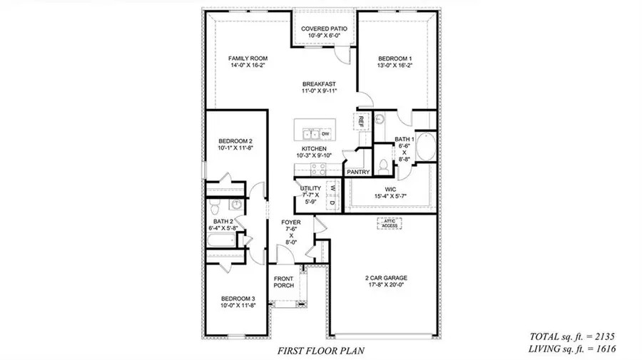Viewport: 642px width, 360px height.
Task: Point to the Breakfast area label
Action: [x=318, y=83]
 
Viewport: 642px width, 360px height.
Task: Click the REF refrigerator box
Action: [x=362, y=121]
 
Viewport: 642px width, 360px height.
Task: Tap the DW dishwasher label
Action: [x=325, y=134]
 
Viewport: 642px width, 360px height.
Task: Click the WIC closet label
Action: [x=392, y=190]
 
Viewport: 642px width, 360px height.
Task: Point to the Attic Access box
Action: [x=389, y=224]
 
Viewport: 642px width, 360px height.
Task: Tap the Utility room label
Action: [x=311, y=189]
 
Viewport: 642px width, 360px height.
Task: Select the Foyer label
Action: [x=292, y=223]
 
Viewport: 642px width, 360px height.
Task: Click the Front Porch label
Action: [x=284, y=281]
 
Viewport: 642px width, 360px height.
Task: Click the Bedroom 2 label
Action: [x=236, y=142]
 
